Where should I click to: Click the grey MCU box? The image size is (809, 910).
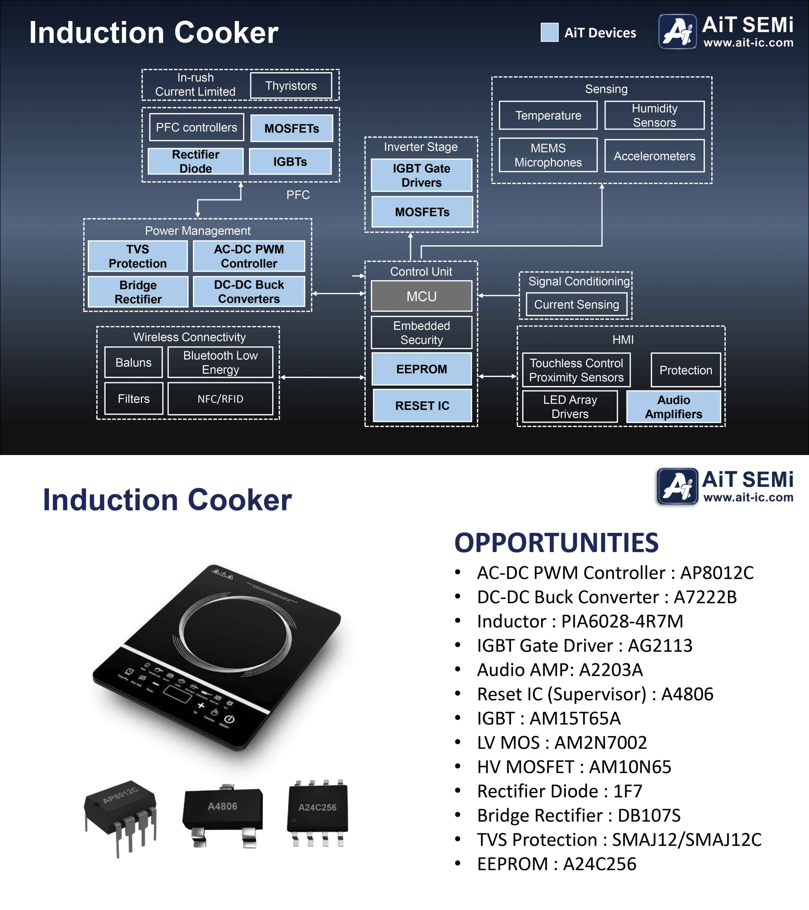tap(421, 296)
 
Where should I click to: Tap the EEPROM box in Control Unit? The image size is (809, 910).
tap(421, 369)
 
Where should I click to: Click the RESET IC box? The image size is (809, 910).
tap(422, 406)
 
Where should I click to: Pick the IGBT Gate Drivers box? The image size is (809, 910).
tap(421, 175)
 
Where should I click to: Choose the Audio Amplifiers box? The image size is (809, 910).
tap(673, 406)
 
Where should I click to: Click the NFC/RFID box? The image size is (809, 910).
tap(220, 399)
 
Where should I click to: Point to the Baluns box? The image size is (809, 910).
tap(133, 362)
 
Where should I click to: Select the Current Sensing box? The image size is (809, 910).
tap(576, 305)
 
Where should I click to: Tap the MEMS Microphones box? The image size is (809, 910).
tap(548, 155)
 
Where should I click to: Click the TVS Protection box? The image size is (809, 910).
tap(138, 256)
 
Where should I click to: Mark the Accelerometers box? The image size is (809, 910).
tap(654, 156)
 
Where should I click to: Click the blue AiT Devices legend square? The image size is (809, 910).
tap(550, 32)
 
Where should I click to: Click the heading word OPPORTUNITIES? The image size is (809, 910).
tap(556, 543)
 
